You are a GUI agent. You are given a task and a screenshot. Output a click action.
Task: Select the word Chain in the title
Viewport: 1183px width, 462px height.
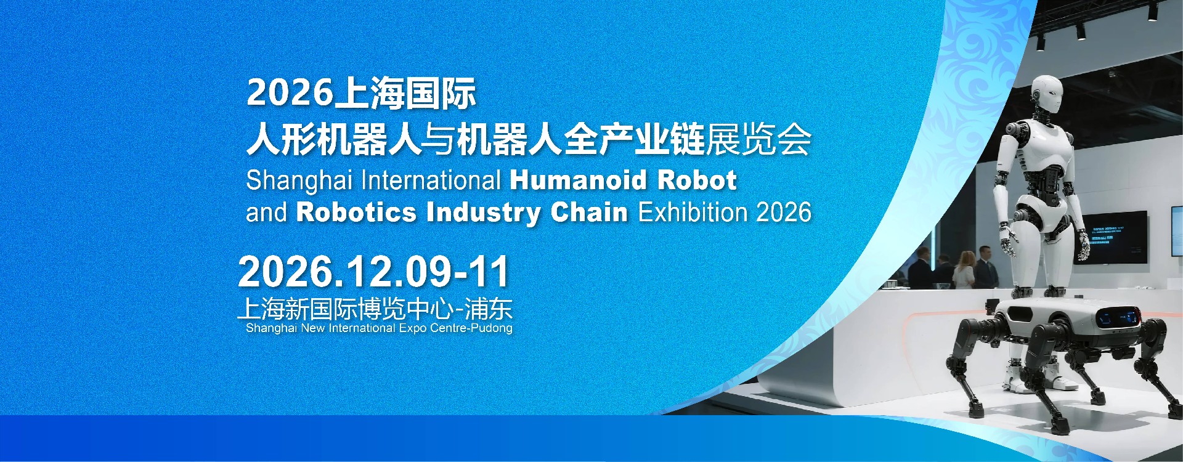(x=589, y=213)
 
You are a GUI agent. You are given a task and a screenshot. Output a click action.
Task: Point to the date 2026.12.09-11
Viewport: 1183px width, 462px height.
(x=373, y=272)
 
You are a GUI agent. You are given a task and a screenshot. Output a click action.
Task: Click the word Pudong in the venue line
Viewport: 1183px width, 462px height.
(x=491, y=328)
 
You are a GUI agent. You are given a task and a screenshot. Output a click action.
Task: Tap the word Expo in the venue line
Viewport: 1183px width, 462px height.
(x=412, y=328)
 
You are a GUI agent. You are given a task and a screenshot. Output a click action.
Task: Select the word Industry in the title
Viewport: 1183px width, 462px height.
(x=484, y=213)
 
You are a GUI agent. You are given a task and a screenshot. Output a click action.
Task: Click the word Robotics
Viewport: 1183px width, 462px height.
(x=356, y=213)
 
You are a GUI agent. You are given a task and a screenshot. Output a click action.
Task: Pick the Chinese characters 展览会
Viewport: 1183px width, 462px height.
(x=758, y=140)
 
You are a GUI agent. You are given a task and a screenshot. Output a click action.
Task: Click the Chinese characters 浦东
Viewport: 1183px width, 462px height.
(x=488, y=309)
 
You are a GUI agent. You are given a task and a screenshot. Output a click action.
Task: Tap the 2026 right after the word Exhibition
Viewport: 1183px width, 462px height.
(x=784, y=213)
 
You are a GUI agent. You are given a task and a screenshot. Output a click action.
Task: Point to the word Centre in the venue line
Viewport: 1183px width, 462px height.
(x=448, y=328)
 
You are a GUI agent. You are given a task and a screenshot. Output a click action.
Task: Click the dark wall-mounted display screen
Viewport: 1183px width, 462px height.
(x=1115, y=237)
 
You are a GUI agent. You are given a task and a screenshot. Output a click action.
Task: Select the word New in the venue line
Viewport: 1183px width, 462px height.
(x=312, y=328)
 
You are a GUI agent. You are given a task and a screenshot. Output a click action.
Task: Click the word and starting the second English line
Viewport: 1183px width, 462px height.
(x=266, y=213)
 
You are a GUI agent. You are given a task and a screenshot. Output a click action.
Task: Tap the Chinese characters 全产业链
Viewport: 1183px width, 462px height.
(x=634, y=140)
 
